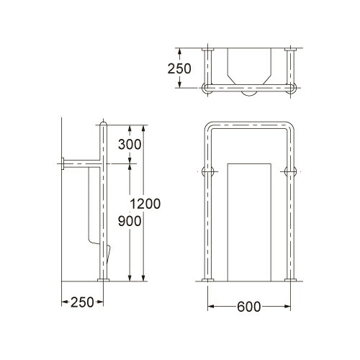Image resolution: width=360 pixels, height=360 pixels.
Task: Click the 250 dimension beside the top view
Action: click(x=179, y=68)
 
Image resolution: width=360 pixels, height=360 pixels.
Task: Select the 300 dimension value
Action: click(x=130, y=145)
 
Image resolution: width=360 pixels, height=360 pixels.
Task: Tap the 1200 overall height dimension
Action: click(x=145, y=204)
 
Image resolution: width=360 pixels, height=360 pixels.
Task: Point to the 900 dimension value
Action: click(x=130, y=221)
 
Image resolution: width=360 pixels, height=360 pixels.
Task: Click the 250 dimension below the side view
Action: click(x=82, y=302)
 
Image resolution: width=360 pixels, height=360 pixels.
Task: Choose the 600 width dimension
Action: click(x=249, y=307)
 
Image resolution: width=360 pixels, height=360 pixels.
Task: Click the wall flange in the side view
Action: click(x=63, y=164)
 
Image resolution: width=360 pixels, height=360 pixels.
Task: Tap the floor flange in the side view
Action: click(x=104, y=280)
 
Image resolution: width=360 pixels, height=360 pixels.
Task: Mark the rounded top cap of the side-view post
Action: click(x=104, y=123)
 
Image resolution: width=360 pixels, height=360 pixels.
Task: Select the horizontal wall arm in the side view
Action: click(x=82, y=164)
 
